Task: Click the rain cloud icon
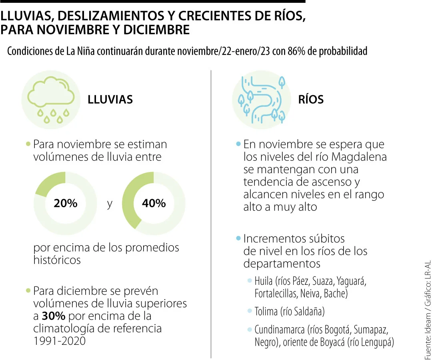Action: pyautogui.click(x=51, y=100)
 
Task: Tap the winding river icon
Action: pyautogui.click(x=262, y=100)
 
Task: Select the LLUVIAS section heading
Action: pyautogui.click(x=110, y=100)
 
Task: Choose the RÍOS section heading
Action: pyautogui.click(x=311, y=100)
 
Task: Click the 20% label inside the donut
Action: pyautogui.click(x=66, y=203)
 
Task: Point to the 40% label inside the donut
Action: pyautogui.click(x=154, y=203)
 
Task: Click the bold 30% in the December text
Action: pyautogui.click(x=54, y=316)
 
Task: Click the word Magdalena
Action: pyautogui.click(x=359, y=157)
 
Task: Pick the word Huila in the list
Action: pyautogui.click(x=264, y=281)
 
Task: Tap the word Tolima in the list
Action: pyautogui.click(x=266, y=312)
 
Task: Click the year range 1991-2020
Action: pyautogui.click(x=60, y=341)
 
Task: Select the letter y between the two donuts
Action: pyautogui.click(x=110, y=204)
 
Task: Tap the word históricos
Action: pyautogui.click(x=57, y=260)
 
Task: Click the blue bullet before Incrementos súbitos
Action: pyautogui.click(x=238, y=238)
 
